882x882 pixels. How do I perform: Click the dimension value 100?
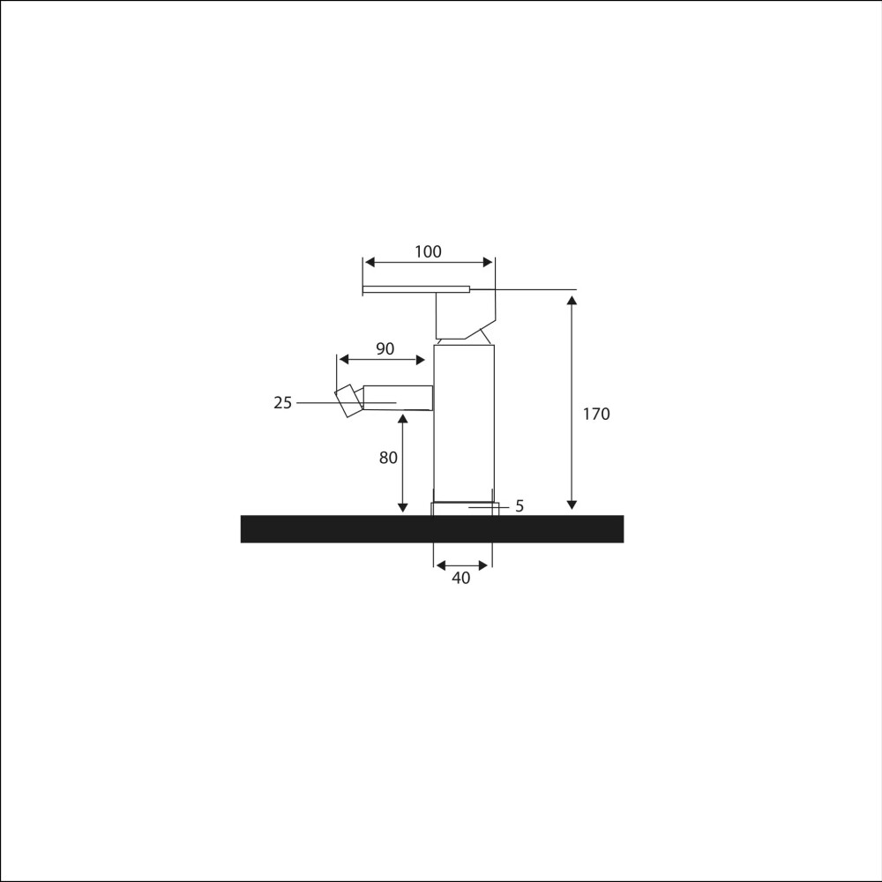click(428, 252)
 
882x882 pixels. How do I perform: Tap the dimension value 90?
click(385, 348)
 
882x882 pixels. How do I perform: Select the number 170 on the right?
click(596, 414)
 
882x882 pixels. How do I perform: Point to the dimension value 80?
click(388, 458)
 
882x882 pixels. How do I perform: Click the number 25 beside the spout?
click(282, 403)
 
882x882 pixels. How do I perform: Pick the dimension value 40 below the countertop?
click(460, 579)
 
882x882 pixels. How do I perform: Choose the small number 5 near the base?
click(519, 506)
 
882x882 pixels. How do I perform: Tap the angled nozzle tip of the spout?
click(348, 400)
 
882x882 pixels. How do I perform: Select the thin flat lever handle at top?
click(415, 288)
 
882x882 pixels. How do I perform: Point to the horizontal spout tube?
click(397, 398)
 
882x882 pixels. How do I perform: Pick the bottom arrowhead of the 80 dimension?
click(403, 507)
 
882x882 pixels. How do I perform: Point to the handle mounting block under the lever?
click(465, 316)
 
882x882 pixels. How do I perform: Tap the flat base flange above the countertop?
click(464, 508)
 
